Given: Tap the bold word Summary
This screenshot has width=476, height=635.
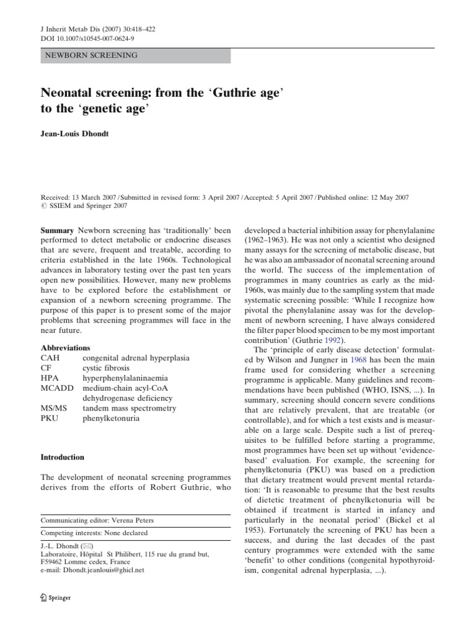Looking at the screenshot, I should tap(56, 229).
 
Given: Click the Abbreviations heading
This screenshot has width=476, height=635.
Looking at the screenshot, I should tap(65, 348).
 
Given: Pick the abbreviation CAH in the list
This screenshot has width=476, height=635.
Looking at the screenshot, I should tap(50, 358).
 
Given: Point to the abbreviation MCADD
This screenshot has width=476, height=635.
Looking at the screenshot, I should tap(56, 388).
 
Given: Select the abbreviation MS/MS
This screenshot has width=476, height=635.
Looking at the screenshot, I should tap(54, 408).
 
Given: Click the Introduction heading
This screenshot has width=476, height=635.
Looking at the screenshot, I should tap(62, 457).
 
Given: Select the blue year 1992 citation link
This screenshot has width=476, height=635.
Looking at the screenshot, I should tap(333, 340).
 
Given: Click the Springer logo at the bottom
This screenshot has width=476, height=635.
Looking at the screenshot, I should tap(55, 598).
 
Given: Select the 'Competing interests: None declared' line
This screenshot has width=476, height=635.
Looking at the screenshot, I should tap(94, 533).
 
